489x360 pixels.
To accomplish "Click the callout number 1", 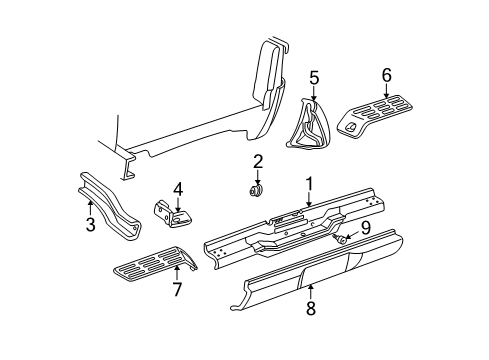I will [309, 183].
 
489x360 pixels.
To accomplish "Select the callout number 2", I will [257, 161].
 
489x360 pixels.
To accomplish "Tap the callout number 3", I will [90, 226].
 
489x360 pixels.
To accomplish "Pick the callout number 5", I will [313, 76].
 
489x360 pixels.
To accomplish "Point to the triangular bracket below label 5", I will [313, 128].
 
